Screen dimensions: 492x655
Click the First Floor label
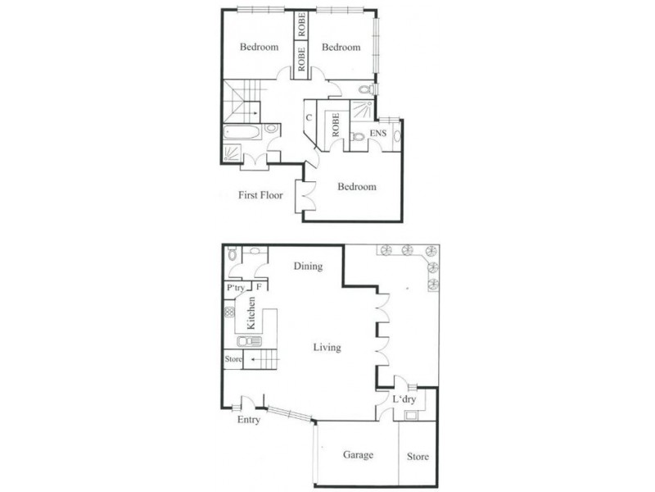click(260, 195)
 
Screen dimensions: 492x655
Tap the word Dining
click(308, 266)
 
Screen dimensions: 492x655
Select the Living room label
click(327, 348)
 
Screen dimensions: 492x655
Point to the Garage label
click(358, 455)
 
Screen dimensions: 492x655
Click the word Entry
click(248, 420)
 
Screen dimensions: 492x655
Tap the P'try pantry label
click(236, 288)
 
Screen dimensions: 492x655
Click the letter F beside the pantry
click(258, 288)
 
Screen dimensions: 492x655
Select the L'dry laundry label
click(404, 399)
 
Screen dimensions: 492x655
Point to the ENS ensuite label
click(378, 134)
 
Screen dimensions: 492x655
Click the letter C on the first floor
click(308, 118)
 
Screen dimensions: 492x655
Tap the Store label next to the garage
click(418, 457)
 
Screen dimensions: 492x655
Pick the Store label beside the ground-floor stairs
click(233, 358)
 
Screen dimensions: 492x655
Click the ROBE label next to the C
click(335, 127)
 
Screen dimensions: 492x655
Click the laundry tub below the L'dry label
click(410, 415)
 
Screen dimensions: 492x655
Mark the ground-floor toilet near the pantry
click(233, 255)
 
